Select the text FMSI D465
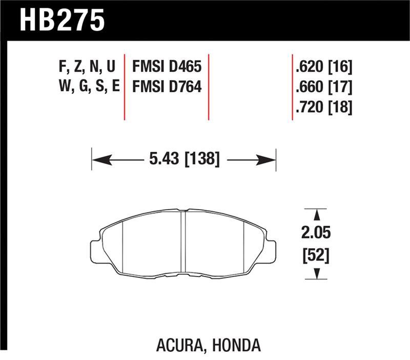[x=167, y=66]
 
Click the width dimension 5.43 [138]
[x=184, y=160]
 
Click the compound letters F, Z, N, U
[x=87, y=66]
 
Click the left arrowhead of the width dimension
[x=100, y=160]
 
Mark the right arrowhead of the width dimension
[x=268, y=160]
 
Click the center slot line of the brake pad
[x=183, y=241]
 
